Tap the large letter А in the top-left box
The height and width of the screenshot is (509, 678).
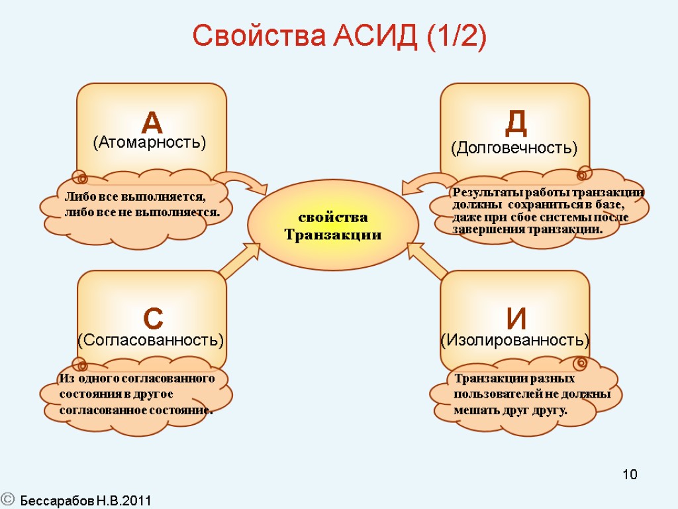152,123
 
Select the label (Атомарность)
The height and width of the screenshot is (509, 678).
150,142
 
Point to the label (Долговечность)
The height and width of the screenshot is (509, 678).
514,148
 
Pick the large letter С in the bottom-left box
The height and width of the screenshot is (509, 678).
153,319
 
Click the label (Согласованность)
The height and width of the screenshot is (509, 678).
151,341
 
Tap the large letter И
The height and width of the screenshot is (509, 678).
516,319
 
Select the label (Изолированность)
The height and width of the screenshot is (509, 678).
515,341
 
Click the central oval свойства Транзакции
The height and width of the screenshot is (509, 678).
333,226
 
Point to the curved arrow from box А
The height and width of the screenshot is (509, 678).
244,182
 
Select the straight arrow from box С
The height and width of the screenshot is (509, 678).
240,260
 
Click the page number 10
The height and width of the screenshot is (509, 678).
630,475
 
